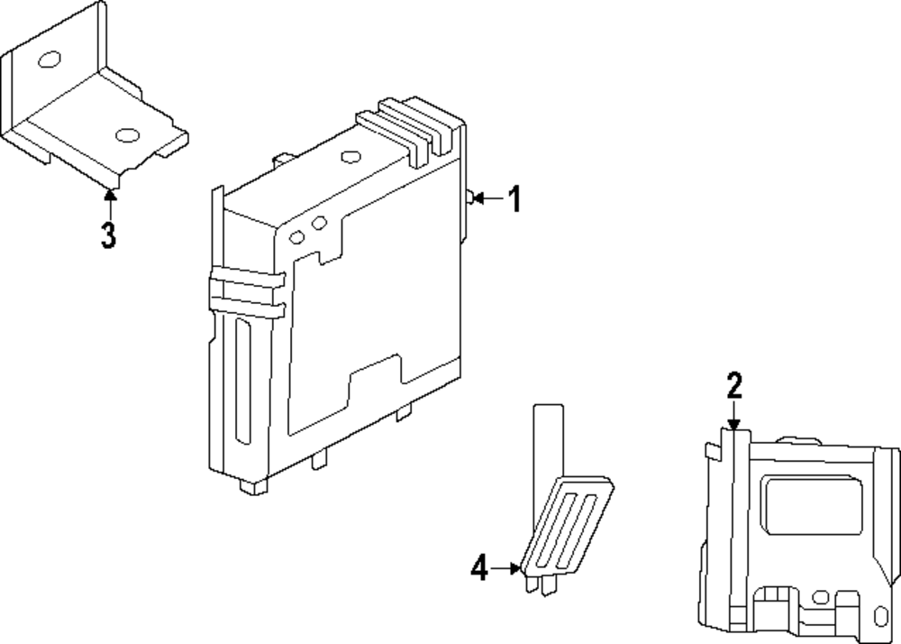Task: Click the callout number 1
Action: click(514, 199)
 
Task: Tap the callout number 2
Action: click(734, 387)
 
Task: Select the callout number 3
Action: click(108, 235)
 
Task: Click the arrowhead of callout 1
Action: click(478, 198)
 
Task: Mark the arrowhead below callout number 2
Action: click(734, 423)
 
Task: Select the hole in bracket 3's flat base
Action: click(127, 136)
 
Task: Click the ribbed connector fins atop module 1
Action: click(410, 131)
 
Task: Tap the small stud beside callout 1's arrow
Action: click(470, 198)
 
